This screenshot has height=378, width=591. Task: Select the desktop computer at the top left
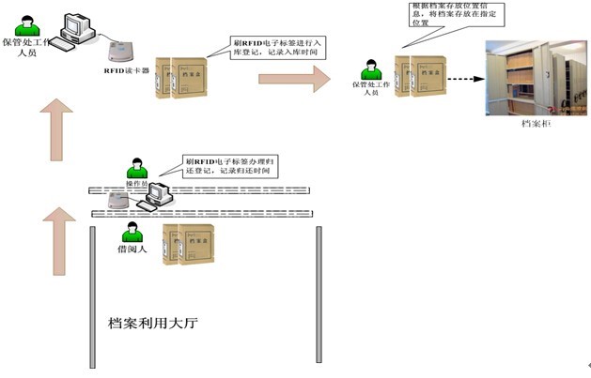click(x=77, y=29)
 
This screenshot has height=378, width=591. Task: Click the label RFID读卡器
click(x=124, y=69)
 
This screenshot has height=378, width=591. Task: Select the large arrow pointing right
click(x=294, y=79)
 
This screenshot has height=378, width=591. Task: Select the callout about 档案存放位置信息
click(x=446, y=15)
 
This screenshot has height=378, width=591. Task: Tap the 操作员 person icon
click(x=138, y=169)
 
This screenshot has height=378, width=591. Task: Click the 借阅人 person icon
click(x=131, y=231)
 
